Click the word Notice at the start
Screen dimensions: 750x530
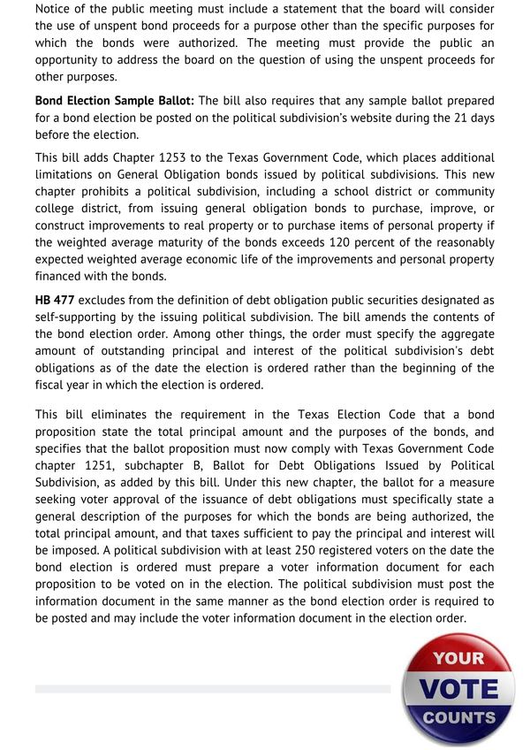(x=57, y=10)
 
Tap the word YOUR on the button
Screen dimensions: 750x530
(x=458, y=659)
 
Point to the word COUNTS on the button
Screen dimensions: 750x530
(x=458, y=717)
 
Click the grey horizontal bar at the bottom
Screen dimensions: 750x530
(x=212, y=688)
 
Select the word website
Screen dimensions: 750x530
(x=378, y=118)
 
